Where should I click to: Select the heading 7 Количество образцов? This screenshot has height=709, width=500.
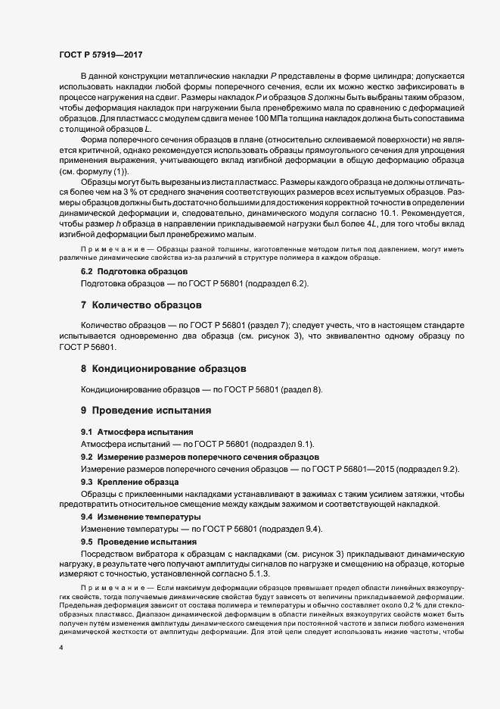tap(141, 306)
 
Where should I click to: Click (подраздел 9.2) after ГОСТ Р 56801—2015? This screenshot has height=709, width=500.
tap(423, 470)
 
